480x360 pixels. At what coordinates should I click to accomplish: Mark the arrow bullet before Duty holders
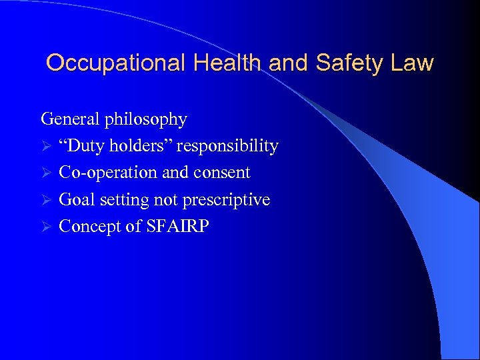(45, 147)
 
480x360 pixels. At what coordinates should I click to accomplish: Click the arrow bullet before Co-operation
(45, 173)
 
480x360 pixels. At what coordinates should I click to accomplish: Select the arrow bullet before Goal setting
(45, 200)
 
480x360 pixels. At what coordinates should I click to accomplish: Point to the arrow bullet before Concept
(45, 227)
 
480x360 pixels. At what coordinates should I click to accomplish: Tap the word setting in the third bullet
(125, 201)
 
